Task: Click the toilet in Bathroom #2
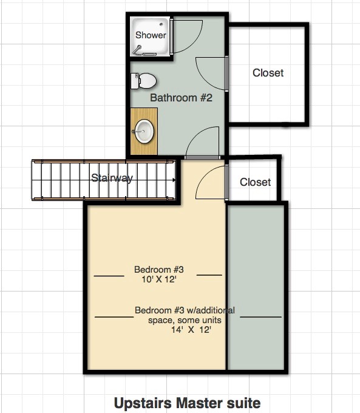(143, 81)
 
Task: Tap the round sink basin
(144, 131)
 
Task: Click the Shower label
(151, 35)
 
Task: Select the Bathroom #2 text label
(181, 98)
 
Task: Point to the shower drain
(161, 24)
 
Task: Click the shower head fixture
(137, 50)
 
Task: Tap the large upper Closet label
(268, 73)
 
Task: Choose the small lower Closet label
(255, 182)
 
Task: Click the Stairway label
(112, 178)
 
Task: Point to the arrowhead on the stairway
(174, 180)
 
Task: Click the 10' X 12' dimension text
(159, 279)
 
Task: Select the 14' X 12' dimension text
(191, 330)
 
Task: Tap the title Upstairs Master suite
(187, 403)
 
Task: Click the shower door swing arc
(195, 42)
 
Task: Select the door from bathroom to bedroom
(203, 143)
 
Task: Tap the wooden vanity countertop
(144, 131)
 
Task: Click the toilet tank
(135, 81)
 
